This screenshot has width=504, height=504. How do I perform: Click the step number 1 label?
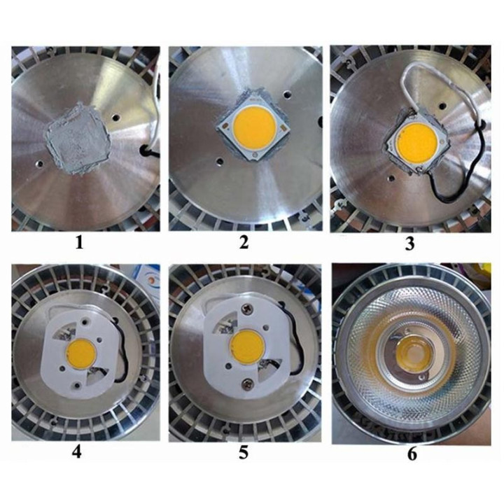[79, 243]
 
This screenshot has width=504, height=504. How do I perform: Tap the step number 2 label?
[244, 242]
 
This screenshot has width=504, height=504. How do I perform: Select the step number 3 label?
[409, 244]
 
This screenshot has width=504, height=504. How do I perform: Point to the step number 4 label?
[77, 452]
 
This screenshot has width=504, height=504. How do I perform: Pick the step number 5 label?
[244, 452]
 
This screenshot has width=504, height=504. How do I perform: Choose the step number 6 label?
[412, 454]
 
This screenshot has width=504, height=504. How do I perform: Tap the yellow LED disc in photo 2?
[254, 127]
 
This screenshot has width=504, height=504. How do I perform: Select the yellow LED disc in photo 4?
[80, 353]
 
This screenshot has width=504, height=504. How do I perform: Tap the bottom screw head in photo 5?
[248, 383]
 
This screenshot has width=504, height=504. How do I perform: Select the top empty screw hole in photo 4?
[85, 321]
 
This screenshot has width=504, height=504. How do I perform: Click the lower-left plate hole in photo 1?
[40, 164]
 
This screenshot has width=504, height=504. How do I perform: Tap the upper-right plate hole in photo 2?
[287, 94]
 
